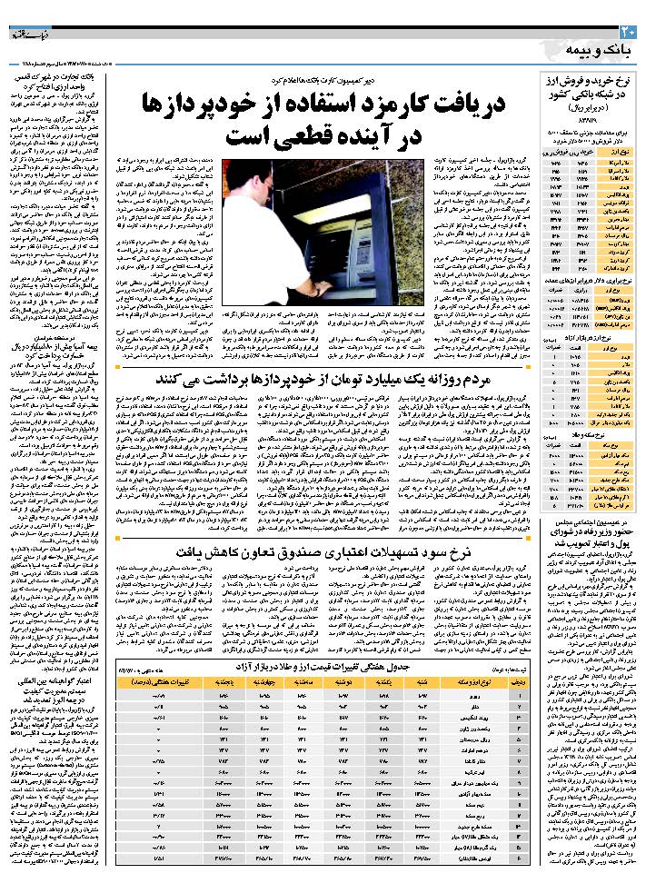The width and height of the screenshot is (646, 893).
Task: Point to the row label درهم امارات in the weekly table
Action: [473, 737]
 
